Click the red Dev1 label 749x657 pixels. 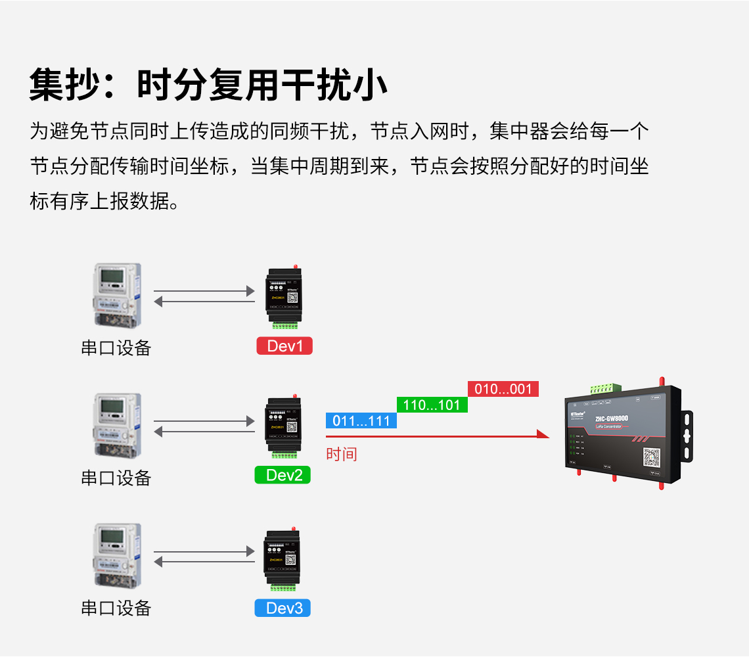(x=284, y=346)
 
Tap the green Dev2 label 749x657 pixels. (x=283, y=475)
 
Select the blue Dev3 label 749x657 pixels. (x=283, y=608)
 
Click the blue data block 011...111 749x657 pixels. (x=361, y=420)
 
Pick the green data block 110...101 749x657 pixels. (x=432, y=405)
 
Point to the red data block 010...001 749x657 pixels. (x=503, y=389)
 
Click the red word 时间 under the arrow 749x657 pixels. (x=341, y=454)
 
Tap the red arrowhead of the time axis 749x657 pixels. (x=543, y=434)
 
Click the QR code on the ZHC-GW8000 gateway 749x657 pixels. (x=651, y=457)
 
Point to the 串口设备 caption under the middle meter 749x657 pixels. (x=116, y=478)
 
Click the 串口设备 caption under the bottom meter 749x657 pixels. (x=116, y=608)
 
